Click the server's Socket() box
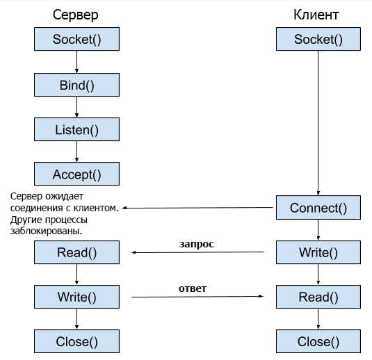76,40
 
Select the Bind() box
76,85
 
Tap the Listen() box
76,129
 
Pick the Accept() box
76,174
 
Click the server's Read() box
76,252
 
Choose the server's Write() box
76,297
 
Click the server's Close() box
76,341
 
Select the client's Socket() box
318,40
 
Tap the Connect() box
318,208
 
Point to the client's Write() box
318,252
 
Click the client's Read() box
318,297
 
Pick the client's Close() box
318,341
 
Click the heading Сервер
76,15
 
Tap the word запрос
196,244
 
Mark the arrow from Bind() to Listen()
76,107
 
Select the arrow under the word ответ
198,297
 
